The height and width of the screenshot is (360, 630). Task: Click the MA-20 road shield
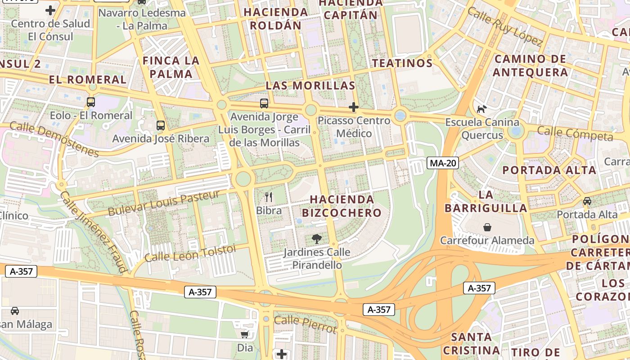pyautogui.click(x=443, y=163)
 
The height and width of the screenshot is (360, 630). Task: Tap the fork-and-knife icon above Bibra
pyautogui.click(x=269, y=197)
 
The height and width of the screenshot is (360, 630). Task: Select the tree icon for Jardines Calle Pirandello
pyautogui.click(x=317, y=238)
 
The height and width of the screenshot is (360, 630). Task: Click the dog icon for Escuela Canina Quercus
pyautogui.click(x=482, y=109)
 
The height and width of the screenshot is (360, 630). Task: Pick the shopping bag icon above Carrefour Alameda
pyautogui.click(x=487, y=227)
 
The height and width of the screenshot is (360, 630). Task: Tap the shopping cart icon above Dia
pyautogui.click(x=245, y=334)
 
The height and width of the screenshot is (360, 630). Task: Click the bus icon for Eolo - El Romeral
pyautogui.click(x=91, y=102)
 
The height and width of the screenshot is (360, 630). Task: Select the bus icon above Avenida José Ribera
pyautogui.click(x=161, y=125)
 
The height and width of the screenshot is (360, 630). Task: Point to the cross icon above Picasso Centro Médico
pyautogui.click(x=354, y=107)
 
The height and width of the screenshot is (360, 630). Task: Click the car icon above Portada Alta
pyautogui.click(x=587, y=201)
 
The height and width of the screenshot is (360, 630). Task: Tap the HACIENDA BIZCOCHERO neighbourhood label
pyautogui.click(x=342, y=206)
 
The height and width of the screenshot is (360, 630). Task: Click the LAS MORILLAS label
pyautogui.click(x=310, y=85)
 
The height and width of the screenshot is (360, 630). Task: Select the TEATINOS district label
pyautogui.click(x=402, y=63)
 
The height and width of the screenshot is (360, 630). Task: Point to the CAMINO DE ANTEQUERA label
pyautogui.click(x=530, y=66)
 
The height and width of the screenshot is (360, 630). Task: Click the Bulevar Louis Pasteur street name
pyautogui.click(x=164, y=203)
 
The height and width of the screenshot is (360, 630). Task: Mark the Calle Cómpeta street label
pyautogui.click(x=575, y=134)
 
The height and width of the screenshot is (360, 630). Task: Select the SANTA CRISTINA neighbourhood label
pyautogui.click(x=471, y=343)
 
